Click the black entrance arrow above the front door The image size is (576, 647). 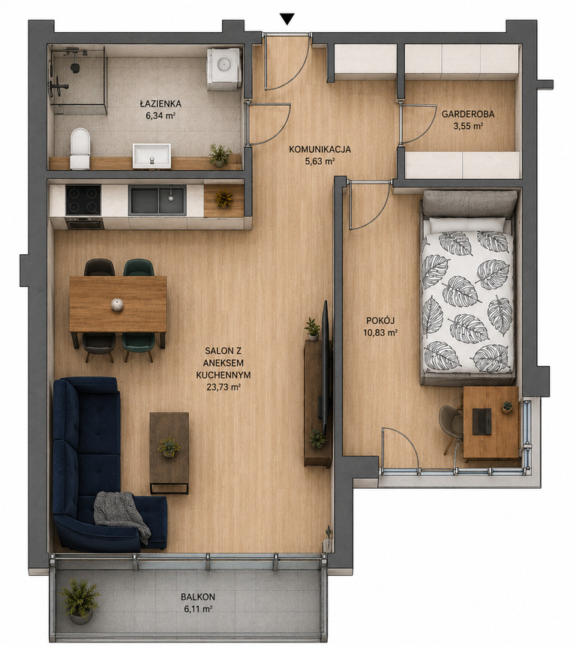(x=287, y=19)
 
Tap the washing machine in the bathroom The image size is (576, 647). (x=223, y=69)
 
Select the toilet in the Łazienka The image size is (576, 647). (x=80, y=148)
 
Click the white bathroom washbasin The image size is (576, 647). (x=151, y=155)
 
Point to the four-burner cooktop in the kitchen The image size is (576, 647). (x=83, y=199)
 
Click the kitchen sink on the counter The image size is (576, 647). (x=157, y=199)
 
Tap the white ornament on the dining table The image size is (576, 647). (x=117, y=304)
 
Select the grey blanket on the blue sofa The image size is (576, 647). (x=121, y=515)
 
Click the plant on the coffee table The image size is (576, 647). (x=169, y=447)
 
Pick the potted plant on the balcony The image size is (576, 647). (x=79, y=601)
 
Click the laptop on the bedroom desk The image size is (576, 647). (x=481, y=421)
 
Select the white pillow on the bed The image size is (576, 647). (x=467, y=224)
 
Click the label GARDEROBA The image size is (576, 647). (x=468, y=114)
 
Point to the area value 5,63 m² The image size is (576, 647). (x=319, y=161)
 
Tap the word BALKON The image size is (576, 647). (x=198, y=597)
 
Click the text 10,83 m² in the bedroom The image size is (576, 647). (x=380, y=332)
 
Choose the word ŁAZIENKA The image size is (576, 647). (x=160, y=104)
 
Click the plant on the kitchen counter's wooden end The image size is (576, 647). (x=223, y=198)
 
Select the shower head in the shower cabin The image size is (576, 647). (x=75, y=67)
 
